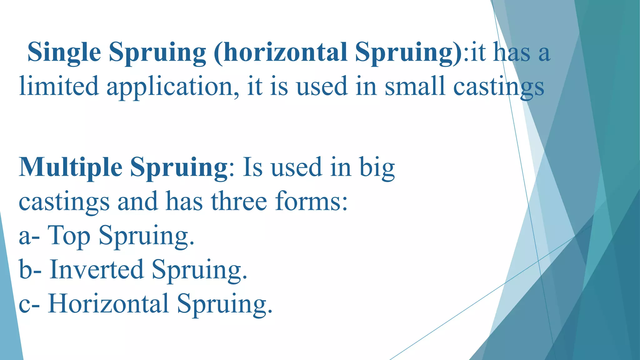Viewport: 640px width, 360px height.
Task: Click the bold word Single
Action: pyautogui.click(x=64, y=52)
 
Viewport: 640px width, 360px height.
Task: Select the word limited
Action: pyautogui.click(x=59, y=86)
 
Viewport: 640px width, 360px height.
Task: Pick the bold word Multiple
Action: pyautogui.click(x=71, y=168)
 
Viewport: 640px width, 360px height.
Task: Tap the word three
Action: pyautogui.click(x=239, y=202)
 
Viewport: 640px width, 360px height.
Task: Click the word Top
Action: pyautogui.click(x=69, y=236)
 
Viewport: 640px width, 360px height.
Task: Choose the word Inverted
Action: pyautogui.click(x=97, y=270)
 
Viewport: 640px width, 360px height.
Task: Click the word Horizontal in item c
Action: pyautogui.click(x=108, y=303)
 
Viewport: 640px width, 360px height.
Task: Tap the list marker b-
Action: pyautogui.click(x=30, y=270)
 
